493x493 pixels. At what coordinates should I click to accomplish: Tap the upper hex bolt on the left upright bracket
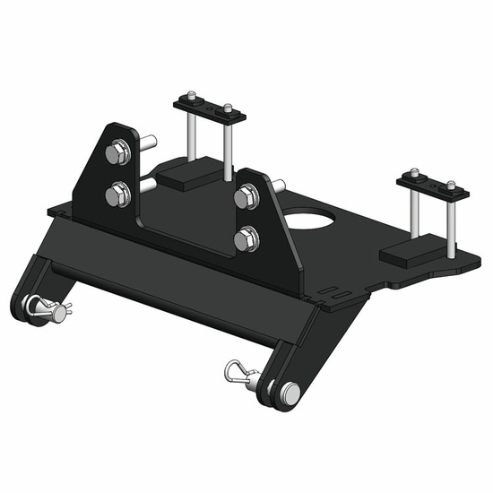tap(116, 155)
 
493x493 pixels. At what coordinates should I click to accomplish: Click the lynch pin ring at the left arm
tap(39, 307)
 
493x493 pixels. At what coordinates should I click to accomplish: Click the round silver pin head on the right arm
tap(290, 392)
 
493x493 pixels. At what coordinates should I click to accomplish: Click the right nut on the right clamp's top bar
tap(451, 187)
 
